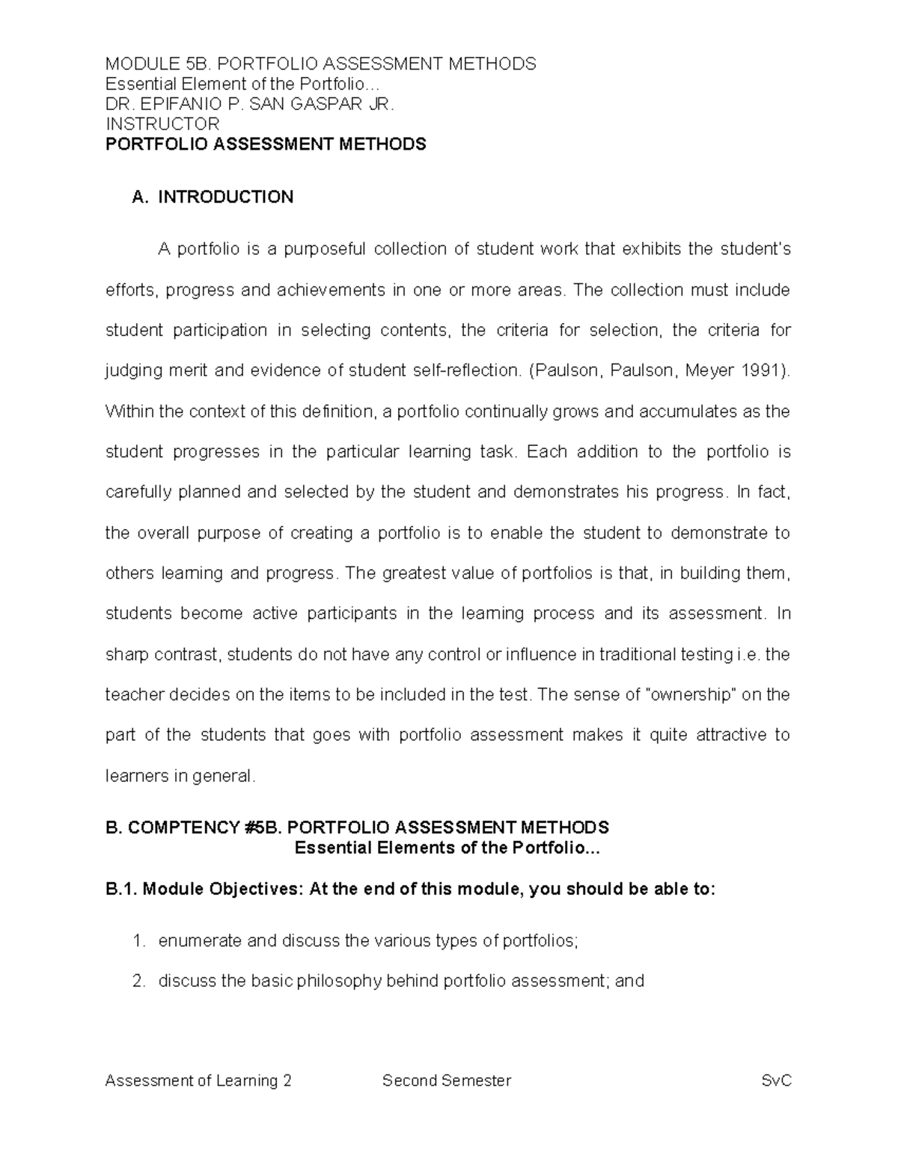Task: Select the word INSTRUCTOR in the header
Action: [x=162, y=124]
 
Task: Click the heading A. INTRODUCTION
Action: [x=213, y=198]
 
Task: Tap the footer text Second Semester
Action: [x=447, y=1080]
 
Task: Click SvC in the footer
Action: [x=776, y=1080]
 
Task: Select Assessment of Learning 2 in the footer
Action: [x=198, y=1080]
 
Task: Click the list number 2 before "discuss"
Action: [x=137, y=981]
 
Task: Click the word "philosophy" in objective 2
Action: [x=338, y=981]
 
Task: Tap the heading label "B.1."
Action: [x=121, y=890]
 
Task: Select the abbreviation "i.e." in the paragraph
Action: [x=748, y=655]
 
